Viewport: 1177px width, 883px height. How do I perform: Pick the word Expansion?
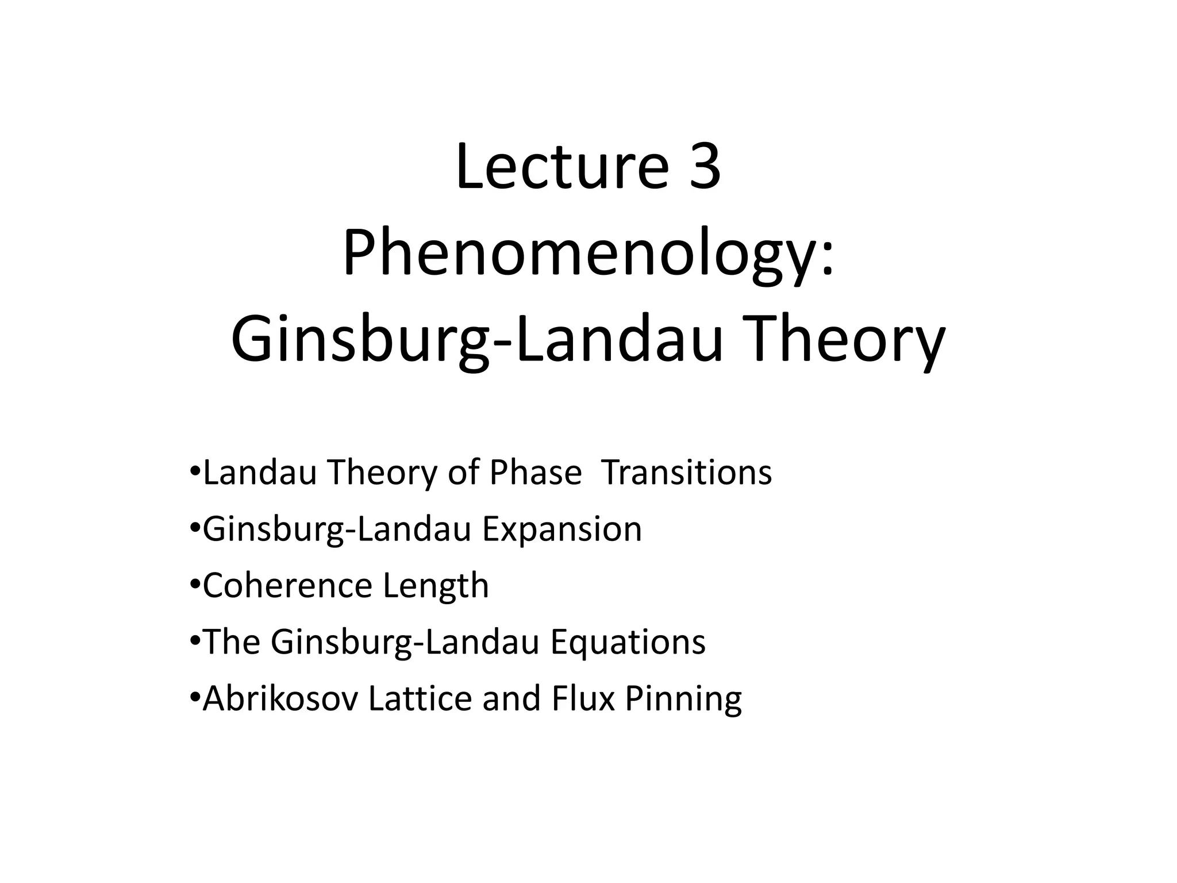pyautogui.click(x=561, y=529)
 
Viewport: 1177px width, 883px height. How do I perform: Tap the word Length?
pyautogui.click(x=436, y=585)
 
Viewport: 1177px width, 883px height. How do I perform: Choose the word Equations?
pyautogui.click(x=628, y=642)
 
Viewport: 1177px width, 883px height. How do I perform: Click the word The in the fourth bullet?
pyautogui.click(x=232, y=642)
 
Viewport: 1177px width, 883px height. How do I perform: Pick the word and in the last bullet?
pyautogui.click(x=511, y=698)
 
